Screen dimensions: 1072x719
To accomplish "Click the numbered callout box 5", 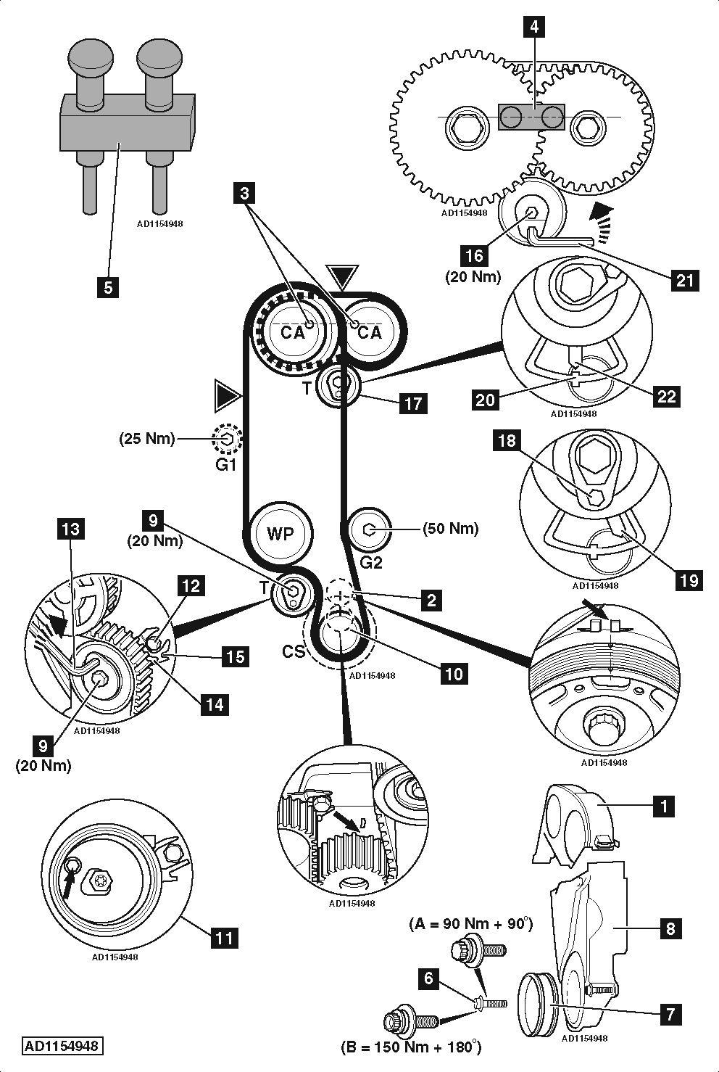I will point(108,286).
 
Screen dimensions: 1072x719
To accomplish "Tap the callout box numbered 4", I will point(534,28).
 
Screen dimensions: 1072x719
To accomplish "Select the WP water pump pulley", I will point(280,534).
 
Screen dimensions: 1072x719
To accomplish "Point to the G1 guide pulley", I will point(228,438).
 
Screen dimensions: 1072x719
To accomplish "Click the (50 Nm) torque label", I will point(450,529).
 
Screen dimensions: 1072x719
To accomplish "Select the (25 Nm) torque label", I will point(147,438).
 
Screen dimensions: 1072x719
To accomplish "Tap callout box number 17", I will point(413,403).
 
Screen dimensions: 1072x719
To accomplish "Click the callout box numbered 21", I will point(685,279).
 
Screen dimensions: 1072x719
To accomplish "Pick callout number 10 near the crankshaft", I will point(453,673).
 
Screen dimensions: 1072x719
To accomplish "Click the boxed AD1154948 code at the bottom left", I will point(62,1046).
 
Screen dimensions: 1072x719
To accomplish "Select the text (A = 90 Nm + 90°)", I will point(471,923).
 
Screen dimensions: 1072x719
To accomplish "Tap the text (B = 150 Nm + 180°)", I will point(410,1047).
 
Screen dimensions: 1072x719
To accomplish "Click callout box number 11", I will point(225,938).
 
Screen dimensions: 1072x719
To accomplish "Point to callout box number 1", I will point(663,805).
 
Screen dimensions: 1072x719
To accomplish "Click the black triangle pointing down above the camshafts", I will point(343,277).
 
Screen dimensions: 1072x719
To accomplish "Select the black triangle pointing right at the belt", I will point(227,395).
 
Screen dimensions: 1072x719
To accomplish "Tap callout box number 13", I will point(71,529).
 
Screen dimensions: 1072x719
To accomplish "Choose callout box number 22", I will point(666,395).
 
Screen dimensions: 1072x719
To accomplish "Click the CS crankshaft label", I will point(294,652).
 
